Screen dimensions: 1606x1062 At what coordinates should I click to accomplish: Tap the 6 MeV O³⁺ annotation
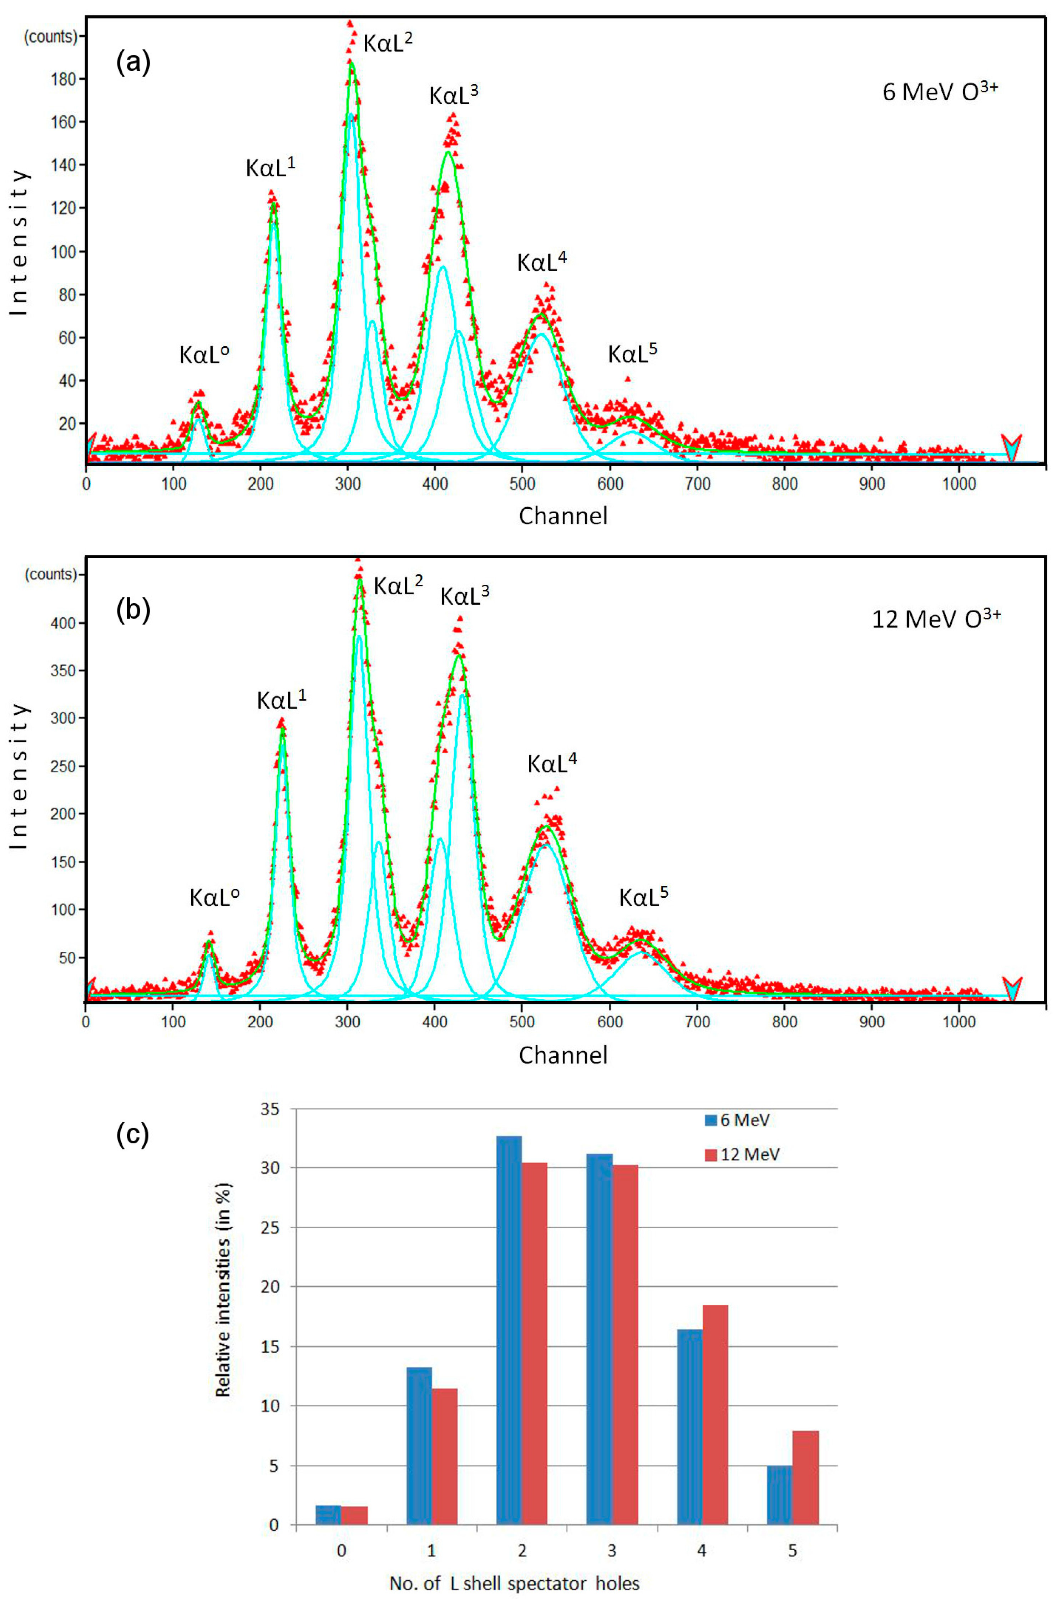[x=939, y=91]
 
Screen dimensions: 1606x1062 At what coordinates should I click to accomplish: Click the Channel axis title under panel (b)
[x=563, y=1054]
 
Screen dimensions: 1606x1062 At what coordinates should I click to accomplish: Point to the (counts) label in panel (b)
[x=51, y=574]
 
